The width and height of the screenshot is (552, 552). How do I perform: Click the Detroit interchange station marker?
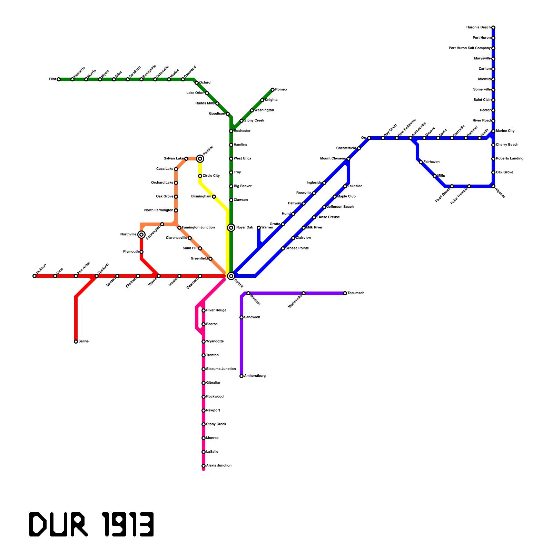tap(231, 276)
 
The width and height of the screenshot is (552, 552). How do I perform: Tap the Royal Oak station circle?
tap(231, 228)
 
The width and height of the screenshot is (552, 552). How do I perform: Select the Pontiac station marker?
tap(200, 159)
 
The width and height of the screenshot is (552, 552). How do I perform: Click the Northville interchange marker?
tap(141, 235)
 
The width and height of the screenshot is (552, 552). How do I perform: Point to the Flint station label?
tap(52, 79)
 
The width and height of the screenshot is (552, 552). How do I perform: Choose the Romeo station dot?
tap(273, 90)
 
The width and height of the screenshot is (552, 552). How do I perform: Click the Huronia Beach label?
tap(478, 28)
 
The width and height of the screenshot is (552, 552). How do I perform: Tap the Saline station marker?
tap(76, 342)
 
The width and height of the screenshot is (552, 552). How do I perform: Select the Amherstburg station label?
tap(255, 376)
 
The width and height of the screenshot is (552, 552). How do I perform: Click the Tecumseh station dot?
tap(345, 293)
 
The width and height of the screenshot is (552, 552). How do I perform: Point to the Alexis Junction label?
tap(219, 466)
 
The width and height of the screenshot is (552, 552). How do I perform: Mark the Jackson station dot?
tap(34, 276)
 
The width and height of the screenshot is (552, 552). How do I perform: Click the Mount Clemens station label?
tap(333, 159)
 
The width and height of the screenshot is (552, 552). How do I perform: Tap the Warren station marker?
tap(259, 228)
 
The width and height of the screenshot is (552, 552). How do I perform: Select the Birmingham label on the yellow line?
tap(201, 197)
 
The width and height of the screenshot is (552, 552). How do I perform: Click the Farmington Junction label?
tap(198, 228)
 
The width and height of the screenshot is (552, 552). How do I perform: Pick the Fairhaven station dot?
tap(421, 162)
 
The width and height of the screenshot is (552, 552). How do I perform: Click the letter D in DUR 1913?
tap(37, 524)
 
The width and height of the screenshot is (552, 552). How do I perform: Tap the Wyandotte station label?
tap(215, 342)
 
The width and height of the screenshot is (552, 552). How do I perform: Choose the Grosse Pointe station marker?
tap(283, 248)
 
